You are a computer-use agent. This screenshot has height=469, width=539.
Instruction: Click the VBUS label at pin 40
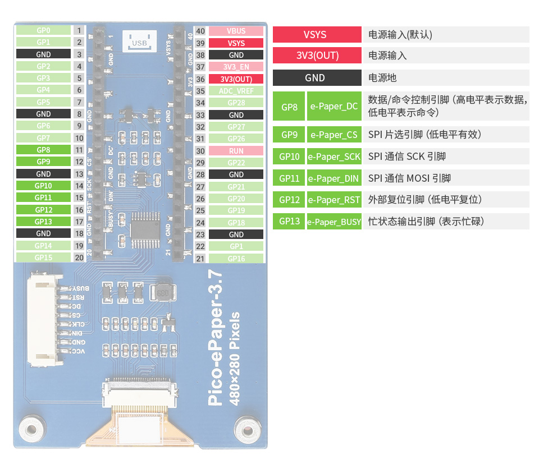pyautogui.click(x=236, y=31)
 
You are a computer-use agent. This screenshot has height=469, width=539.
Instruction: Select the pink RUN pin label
pyautogui.click(x=236, y=151)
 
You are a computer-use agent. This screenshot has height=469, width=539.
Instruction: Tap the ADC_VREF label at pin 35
pyautogui.click(x=236, y=91)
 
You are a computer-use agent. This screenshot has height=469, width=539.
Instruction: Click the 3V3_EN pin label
pyautogui.click(x=236, y=67)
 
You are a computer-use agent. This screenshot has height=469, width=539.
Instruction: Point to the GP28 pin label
pyautogui.click(x=236, y=103)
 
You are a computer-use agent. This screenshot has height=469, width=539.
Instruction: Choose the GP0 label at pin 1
pyautogui.click(x=43, y=30)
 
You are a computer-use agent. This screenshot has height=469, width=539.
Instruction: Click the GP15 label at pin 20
pyautogui.click(x=43, y=258)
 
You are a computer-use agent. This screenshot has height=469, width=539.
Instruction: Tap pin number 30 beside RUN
pyautogui.click(x=200, y=151)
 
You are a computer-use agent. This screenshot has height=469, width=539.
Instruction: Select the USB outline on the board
pyautogui.click(x=139, y=41)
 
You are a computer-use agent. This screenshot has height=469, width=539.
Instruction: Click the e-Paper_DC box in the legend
pyautogui.click(x=334, y=106)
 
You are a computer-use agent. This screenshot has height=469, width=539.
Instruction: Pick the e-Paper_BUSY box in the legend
pyautogui.click(x=334, y=222)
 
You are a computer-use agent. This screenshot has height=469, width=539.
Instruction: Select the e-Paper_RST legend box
pyautogui.click(x=334, y=200)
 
